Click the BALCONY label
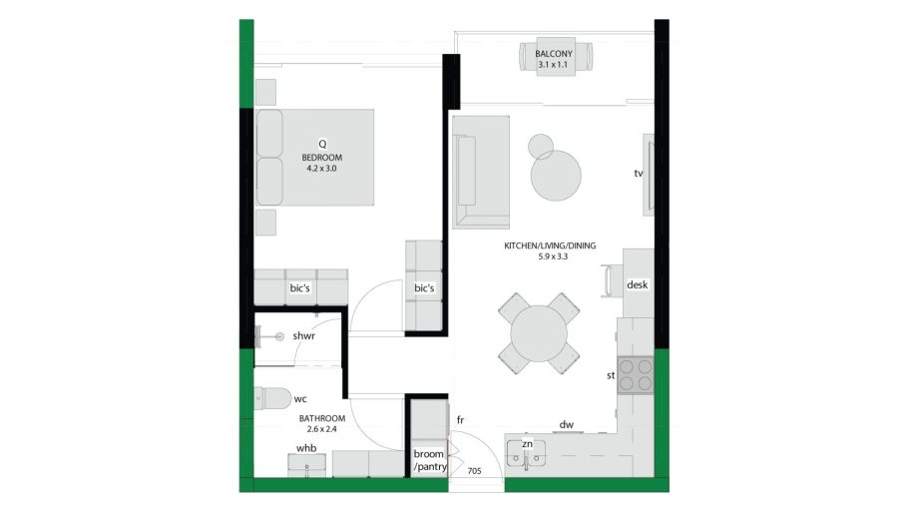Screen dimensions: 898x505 click(x=553, y=54)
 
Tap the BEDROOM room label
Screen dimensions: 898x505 click(x=322, y=158)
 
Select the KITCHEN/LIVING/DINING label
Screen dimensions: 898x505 click(x=550, y=246)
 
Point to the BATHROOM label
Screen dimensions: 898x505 click(x=322, y=418)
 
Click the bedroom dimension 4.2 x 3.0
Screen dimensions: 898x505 click(x=322, y=169)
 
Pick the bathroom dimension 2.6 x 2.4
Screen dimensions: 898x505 click(x=322, y=429)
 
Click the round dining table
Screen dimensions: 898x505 click(x=539, y=333)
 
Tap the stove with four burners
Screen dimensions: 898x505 click(x=636, y=374)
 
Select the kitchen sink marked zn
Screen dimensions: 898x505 click(x=526, y=454)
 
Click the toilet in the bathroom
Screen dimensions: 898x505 click(x=272, y=398)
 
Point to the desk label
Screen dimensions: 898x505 click(x=637, y=284)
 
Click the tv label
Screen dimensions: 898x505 click(x=638, y=173)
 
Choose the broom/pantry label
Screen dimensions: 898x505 click(x=430, y=460)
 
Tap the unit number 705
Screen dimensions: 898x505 click(x=474, y=471)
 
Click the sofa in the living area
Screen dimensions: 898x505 click(x=481, y=173)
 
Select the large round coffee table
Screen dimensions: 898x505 click(x=556, y=176)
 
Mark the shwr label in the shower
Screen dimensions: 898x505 click(x=303, y=336)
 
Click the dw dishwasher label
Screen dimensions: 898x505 click(x=567, y=424)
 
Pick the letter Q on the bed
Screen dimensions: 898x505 click(x=322, y=145)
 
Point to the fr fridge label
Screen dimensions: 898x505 click(x=460, y=420)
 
